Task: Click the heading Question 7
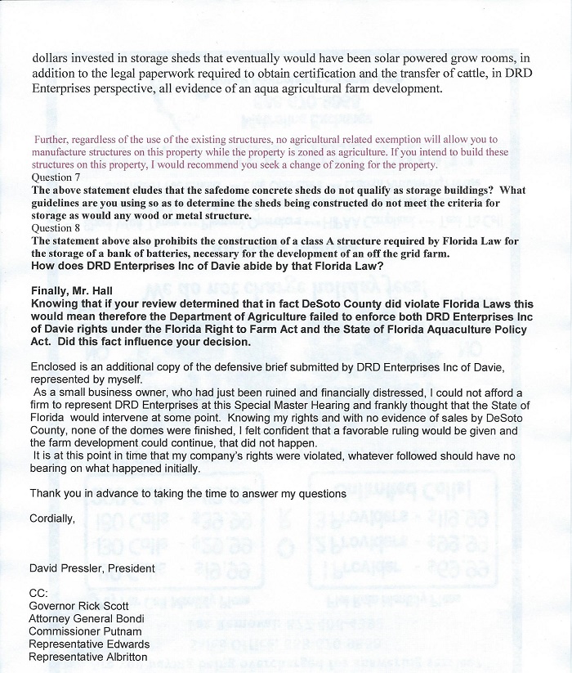(56, 177)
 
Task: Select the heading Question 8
(56, 228)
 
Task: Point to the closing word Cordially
(52, 518)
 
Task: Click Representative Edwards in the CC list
(89, 644)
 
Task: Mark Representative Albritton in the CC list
(89, 657)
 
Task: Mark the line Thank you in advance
(188, 493)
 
